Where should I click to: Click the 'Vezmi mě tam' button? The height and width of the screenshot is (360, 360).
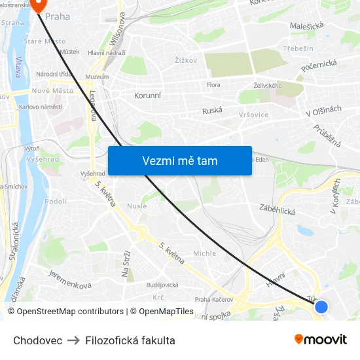tap(180, 160)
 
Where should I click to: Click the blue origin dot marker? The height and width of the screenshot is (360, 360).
tap(321, 306)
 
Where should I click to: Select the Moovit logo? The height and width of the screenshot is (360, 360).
tap(321, 340)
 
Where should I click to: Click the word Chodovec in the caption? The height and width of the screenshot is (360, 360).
tap(38, 340)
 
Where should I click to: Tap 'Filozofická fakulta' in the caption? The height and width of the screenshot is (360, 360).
tap(130, 340)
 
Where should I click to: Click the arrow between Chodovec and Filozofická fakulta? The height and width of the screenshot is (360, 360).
tap(74, 340)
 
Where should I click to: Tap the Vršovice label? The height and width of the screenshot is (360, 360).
tap(253, 114)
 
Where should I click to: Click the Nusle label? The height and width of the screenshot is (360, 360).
tap(137, 206)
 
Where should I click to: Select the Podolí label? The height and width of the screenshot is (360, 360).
tap(56, 202)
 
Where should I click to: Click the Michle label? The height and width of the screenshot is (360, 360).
tap(204, 253)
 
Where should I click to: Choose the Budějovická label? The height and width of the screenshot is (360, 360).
tap(162, 285)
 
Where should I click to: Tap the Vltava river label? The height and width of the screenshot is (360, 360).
tap(18, 65)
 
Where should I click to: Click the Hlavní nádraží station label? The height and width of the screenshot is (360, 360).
tap(107, 53)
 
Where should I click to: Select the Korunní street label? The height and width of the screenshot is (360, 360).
tap(147, 96)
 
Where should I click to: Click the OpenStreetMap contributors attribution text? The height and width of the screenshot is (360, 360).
tap(65, 312)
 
